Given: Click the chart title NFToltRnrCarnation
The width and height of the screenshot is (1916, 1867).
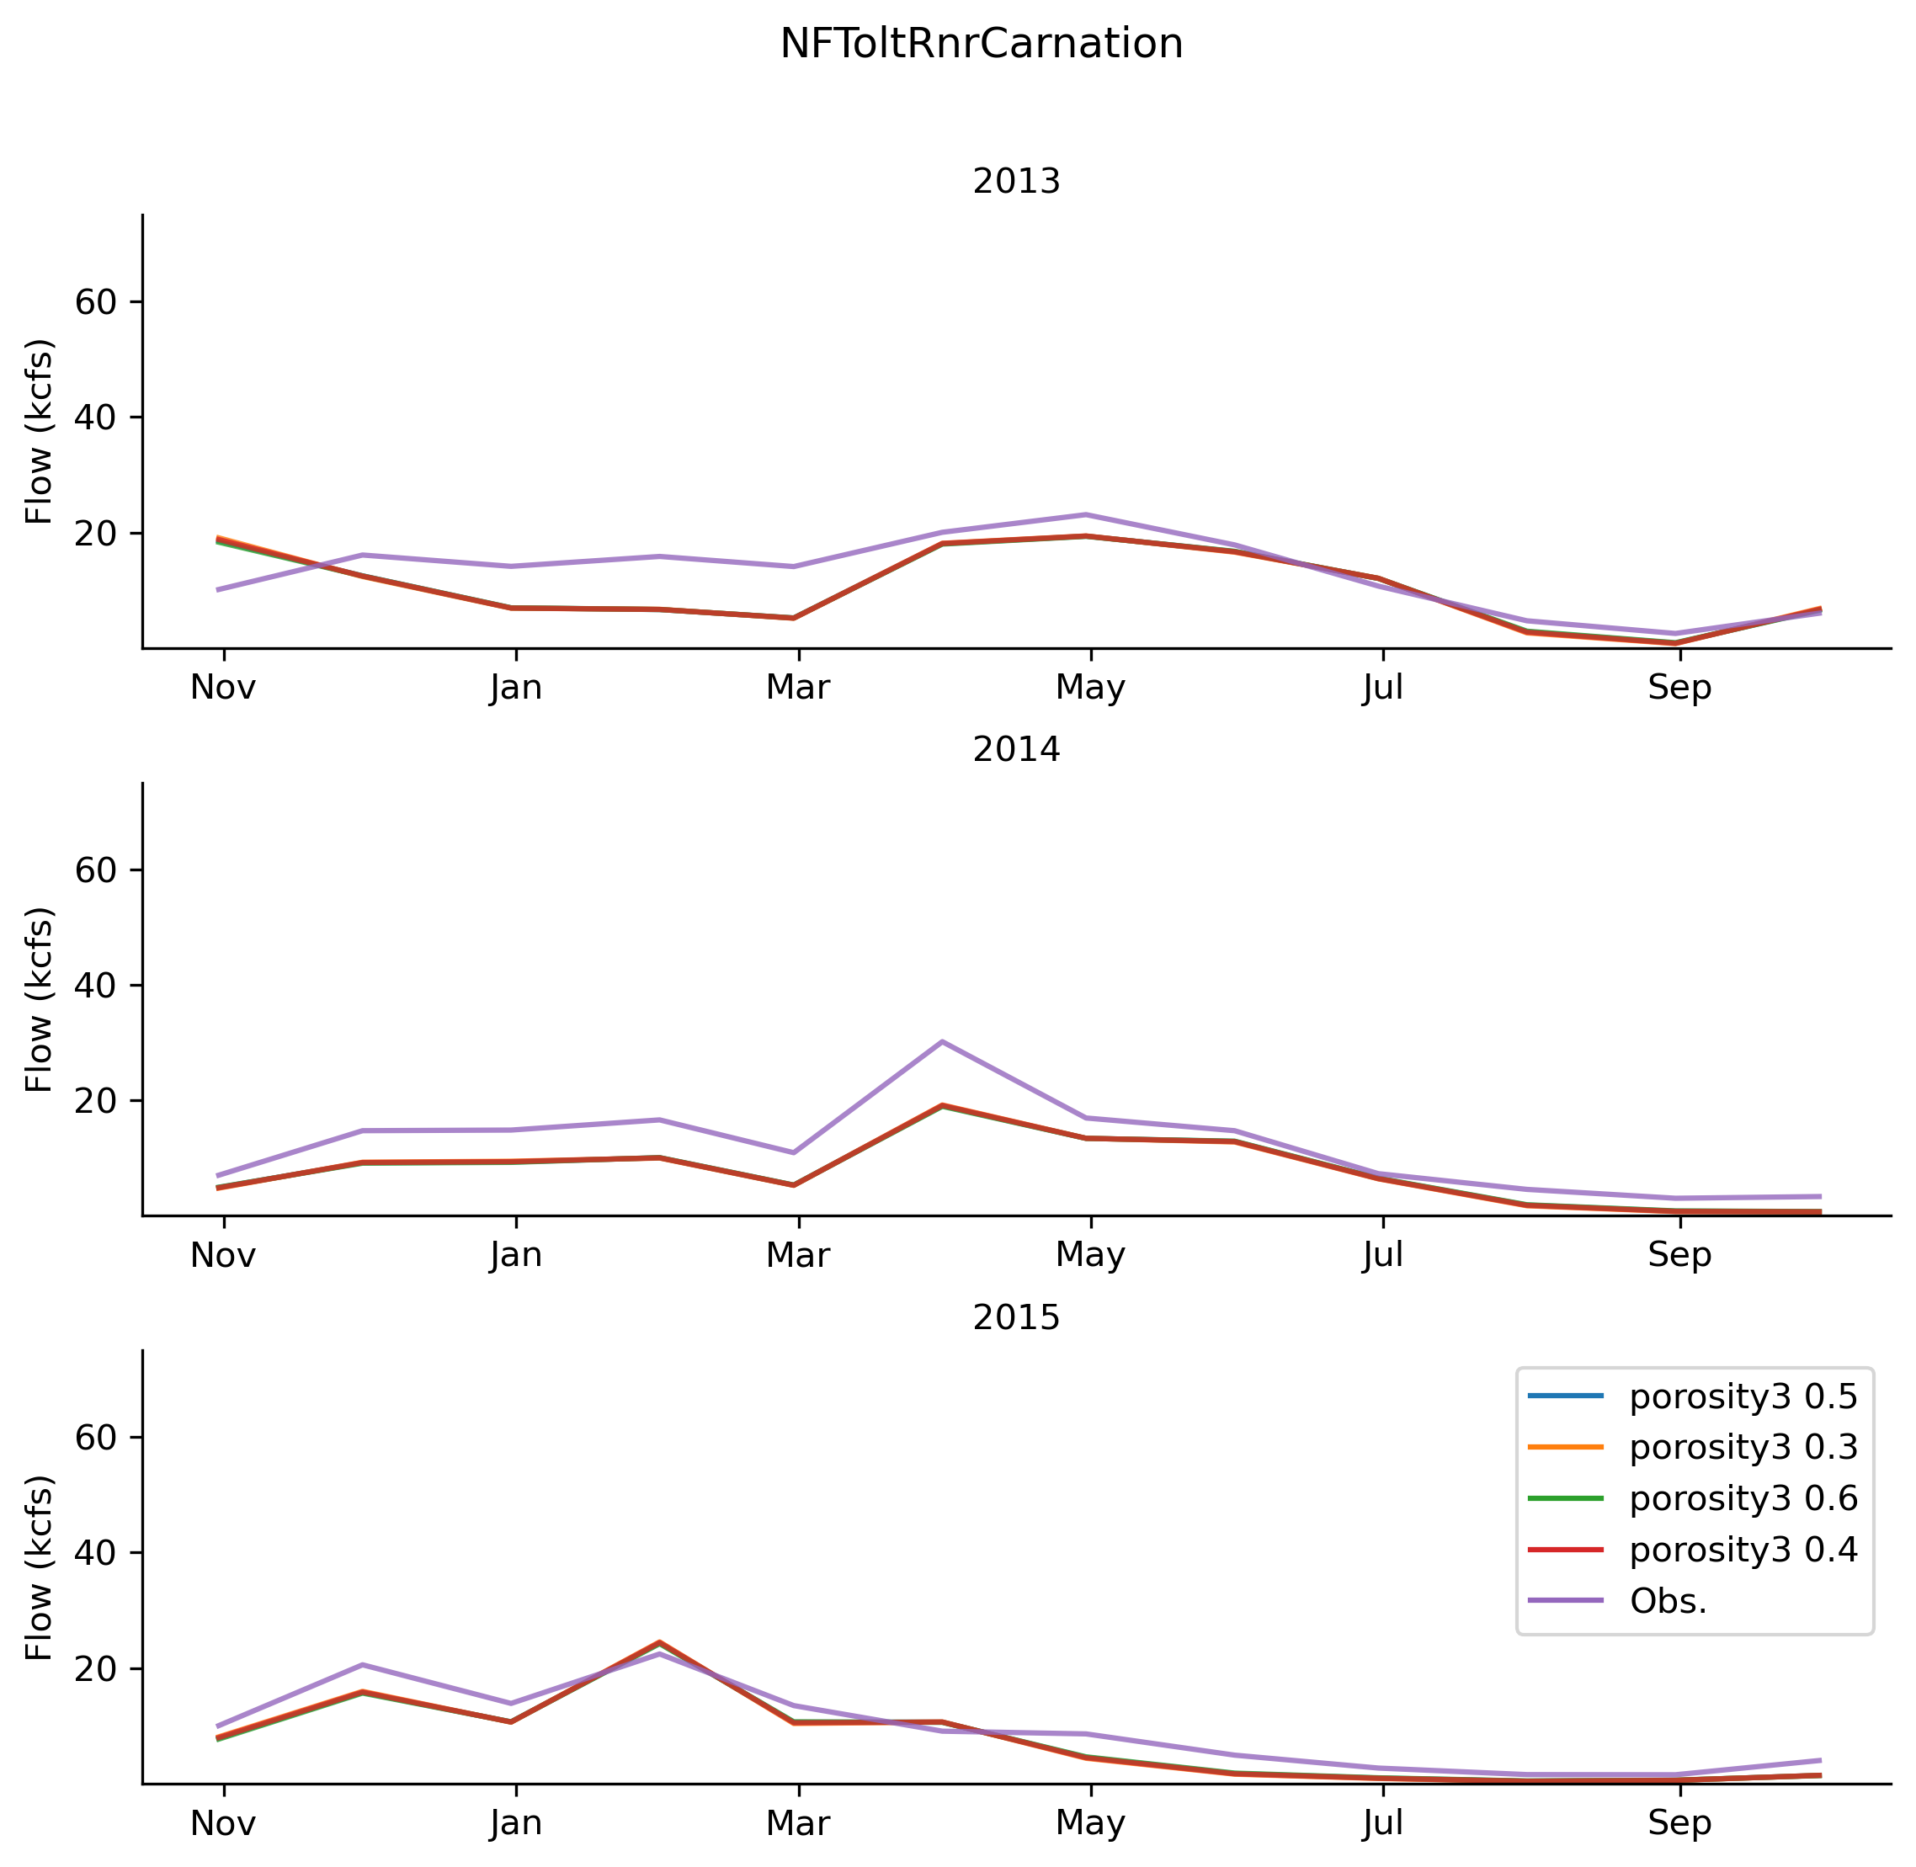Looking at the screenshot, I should [981, 44].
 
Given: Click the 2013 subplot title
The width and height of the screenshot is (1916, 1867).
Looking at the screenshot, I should [1016, 183].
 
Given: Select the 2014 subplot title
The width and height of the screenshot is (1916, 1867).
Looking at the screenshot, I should [1016, 750].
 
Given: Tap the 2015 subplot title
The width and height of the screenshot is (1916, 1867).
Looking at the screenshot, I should [1016, 1318].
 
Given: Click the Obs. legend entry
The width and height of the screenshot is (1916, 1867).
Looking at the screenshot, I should [1668, 1600].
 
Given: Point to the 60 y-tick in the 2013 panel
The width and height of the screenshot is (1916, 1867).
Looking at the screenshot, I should [96, 302].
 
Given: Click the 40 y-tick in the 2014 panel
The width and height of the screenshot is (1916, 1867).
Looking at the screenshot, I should [96, 986].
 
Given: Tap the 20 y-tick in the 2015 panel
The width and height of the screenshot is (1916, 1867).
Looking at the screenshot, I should [96, 1669].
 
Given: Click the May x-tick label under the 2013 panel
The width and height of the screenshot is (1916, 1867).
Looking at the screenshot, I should [1089, 689].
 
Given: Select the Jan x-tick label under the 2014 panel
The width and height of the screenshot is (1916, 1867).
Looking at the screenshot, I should [516, 1256].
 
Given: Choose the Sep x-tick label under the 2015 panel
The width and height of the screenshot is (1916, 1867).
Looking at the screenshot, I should [1679, 1824].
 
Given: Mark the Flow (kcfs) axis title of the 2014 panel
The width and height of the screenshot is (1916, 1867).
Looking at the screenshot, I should [40, 999].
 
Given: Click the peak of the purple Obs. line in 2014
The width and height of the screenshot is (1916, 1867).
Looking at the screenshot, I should [941, 1041].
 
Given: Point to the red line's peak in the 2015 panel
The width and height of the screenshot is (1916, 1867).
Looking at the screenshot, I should [659, 1641].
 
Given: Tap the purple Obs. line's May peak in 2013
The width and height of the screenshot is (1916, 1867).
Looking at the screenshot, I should [1085, 515].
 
